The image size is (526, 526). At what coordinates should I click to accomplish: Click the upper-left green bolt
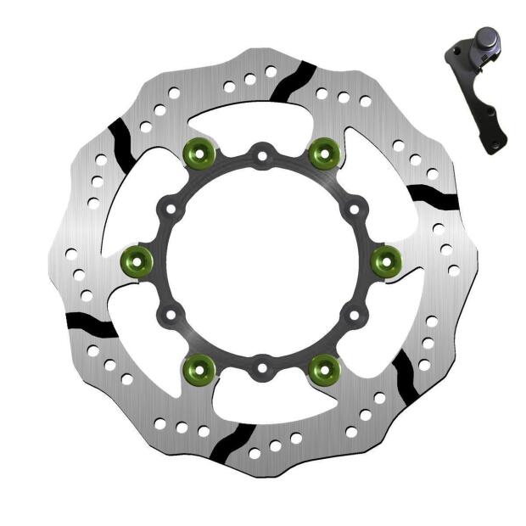click(199, 154)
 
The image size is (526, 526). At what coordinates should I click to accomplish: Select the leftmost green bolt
click(137, 260)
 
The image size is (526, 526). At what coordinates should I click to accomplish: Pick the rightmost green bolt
click(386, 260)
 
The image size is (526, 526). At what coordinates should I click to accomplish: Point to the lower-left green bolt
click(199, 367)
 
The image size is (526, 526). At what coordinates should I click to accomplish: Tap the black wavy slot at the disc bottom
click(227, 442)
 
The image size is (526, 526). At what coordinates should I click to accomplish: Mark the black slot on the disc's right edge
click(432, 197)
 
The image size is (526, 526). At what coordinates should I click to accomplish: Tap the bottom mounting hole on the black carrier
click(262, 368)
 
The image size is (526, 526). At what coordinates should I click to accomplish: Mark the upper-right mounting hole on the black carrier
click(353, 208)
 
